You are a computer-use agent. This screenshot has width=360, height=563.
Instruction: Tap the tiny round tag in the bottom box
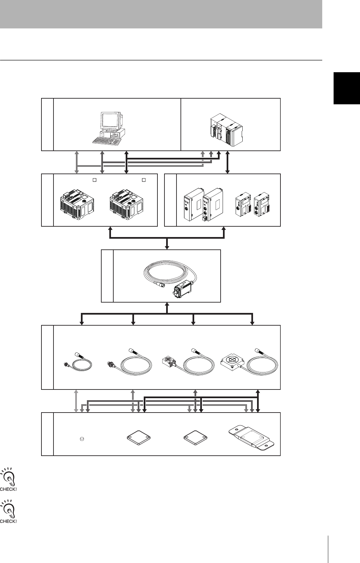82,438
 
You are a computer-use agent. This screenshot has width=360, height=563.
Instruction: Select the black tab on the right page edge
347,88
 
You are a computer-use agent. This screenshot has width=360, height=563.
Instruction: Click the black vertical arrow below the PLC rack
228,162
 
